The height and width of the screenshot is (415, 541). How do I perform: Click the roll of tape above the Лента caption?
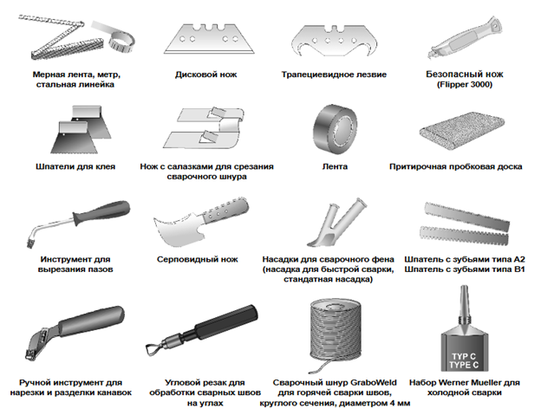335,129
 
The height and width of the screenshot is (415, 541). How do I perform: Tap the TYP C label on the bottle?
464,356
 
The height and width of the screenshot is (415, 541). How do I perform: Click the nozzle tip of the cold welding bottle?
465,288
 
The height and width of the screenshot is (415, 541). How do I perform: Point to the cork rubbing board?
462,130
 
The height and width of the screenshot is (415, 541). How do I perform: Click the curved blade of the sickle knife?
176,231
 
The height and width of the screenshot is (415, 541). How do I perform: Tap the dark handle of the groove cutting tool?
101,212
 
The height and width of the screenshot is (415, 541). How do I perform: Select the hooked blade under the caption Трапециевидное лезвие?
334,40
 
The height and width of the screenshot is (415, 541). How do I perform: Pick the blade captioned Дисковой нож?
209,39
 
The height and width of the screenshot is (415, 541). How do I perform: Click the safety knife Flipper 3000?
465,38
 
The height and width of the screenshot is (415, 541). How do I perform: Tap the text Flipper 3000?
465,84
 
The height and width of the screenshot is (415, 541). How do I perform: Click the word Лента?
335,166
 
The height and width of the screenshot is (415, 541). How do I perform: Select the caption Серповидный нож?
198,259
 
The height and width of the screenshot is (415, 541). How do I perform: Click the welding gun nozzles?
336,223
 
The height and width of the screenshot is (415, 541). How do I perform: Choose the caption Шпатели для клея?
75,166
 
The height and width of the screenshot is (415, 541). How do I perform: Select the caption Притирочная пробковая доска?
455,166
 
